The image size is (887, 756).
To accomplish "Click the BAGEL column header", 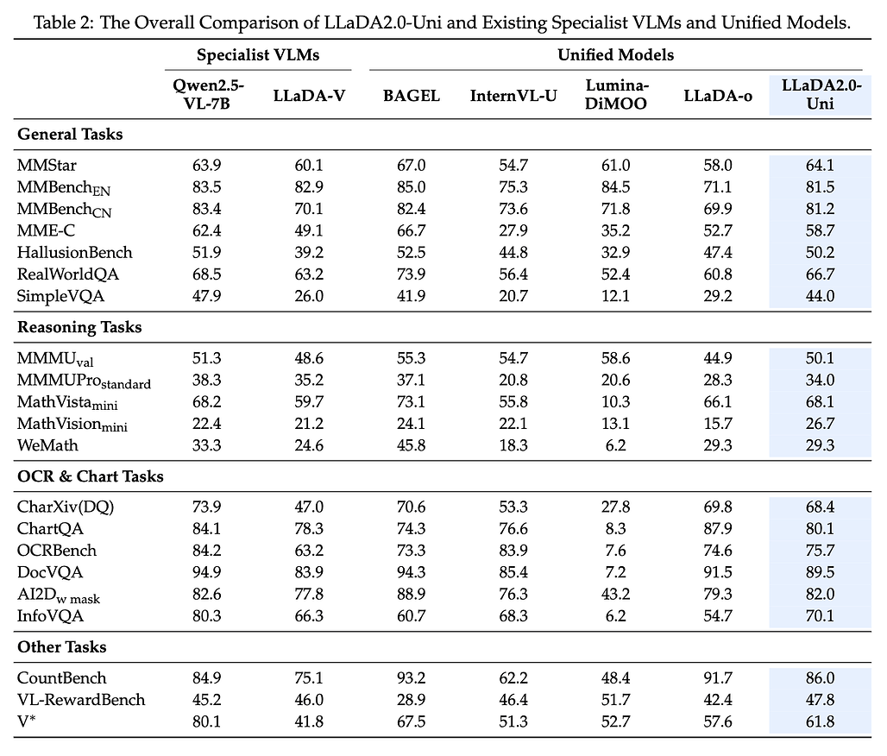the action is point(412,96).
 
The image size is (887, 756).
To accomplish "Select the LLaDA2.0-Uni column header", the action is point(821,95).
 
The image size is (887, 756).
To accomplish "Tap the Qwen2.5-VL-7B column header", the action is point(207,95).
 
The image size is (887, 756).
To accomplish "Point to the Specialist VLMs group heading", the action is point(258,55).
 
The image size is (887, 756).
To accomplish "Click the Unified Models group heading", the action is point(615,55).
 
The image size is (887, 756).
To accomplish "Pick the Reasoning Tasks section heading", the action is point(79,327).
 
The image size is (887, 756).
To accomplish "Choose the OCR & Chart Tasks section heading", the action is point(91,476).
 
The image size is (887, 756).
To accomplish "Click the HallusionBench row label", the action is point(75,252).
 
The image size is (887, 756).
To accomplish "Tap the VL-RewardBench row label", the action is point(81,700).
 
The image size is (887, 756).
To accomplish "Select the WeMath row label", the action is point(47,445).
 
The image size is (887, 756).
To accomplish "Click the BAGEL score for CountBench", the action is point(412,678).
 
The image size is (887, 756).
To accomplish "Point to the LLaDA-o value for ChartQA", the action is point(718,528).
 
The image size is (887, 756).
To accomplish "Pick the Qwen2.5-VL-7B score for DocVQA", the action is point(207,572).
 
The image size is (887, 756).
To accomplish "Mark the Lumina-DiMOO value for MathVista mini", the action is point(615,402).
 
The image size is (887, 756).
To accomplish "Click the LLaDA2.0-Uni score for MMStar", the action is point(821,165).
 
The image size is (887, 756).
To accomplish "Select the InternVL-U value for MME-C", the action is point(513,231).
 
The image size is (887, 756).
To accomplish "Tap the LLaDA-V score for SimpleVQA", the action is point(309,296).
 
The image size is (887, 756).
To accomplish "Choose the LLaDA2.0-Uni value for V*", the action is point(821,721).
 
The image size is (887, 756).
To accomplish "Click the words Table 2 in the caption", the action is point(63,22).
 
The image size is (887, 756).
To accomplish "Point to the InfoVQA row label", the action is point(50,615).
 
